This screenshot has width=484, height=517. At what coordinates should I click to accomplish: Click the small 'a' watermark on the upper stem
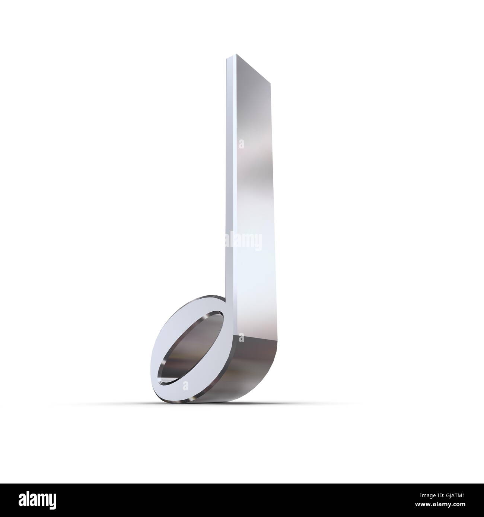(x=242, y=144)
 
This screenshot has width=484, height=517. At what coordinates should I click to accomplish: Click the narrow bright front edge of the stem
(x=228, y=186)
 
